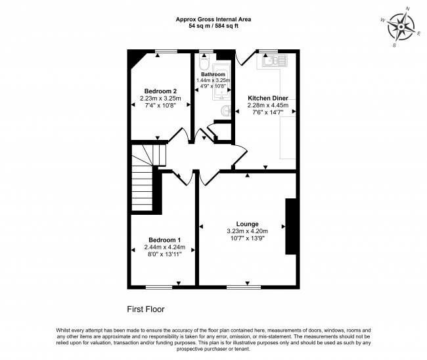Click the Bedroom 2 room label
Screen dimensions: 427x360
click(x=160, y=91)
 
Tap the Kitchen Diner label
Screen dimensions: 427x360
click(x=267, y=98)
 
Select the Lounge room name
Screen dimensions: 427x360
click(x=247, y=224)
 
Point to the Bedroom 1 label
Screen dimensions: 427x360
click(x=164, y=240)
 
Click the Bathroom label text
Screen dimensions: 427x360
click(x=213, y=74)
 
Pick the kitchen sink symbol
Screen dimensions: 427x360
click(x=275, y=60)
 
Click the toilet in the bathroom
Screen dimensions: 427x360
click(x=204, y=62)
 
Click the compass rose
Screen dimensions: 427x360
click(x=401, y=27)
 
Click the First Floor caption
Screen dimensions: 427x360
click(x=146, y=309)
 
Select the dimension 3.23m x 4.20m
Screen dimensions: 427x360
click(x=247, y=231)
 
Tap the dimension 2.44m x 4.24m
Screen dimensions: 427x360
click(x=164, y=247)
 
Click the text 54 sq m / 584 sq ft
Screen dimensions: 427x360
click(x=213, y=26)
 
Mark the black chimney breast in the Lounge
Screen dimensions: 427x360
click(x=290, y=226)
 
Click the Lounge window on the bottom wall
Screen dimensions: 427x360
click(x=244, y=287)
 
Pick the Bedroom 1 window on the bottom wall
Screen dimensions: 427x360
click(x=159, y=287)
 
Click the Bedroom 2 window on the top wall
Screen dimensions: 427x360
click(x=166, y=51)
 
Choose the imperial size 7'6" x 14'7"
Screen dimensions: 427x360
click(x=268, y=112)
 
